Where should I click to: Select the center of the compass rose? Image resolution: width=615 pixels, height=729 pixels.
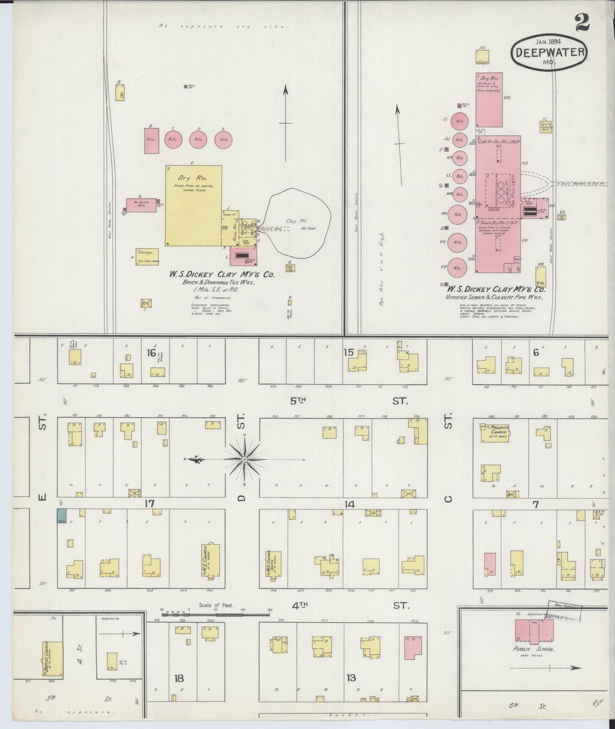[x=245, y=460]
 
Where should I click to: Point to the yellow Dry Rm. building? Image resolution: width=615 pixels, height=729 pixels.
[x=194, y=205]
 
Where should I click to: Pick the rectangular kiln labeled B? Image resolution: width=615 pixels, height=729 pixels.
[x=151, y=140]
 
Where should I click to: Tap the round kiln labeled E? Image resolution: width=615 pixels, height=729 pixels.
[x=223, y=140]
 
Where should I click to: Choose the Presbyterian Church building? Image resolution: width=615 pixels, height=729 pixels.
[x=495, y=433]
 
